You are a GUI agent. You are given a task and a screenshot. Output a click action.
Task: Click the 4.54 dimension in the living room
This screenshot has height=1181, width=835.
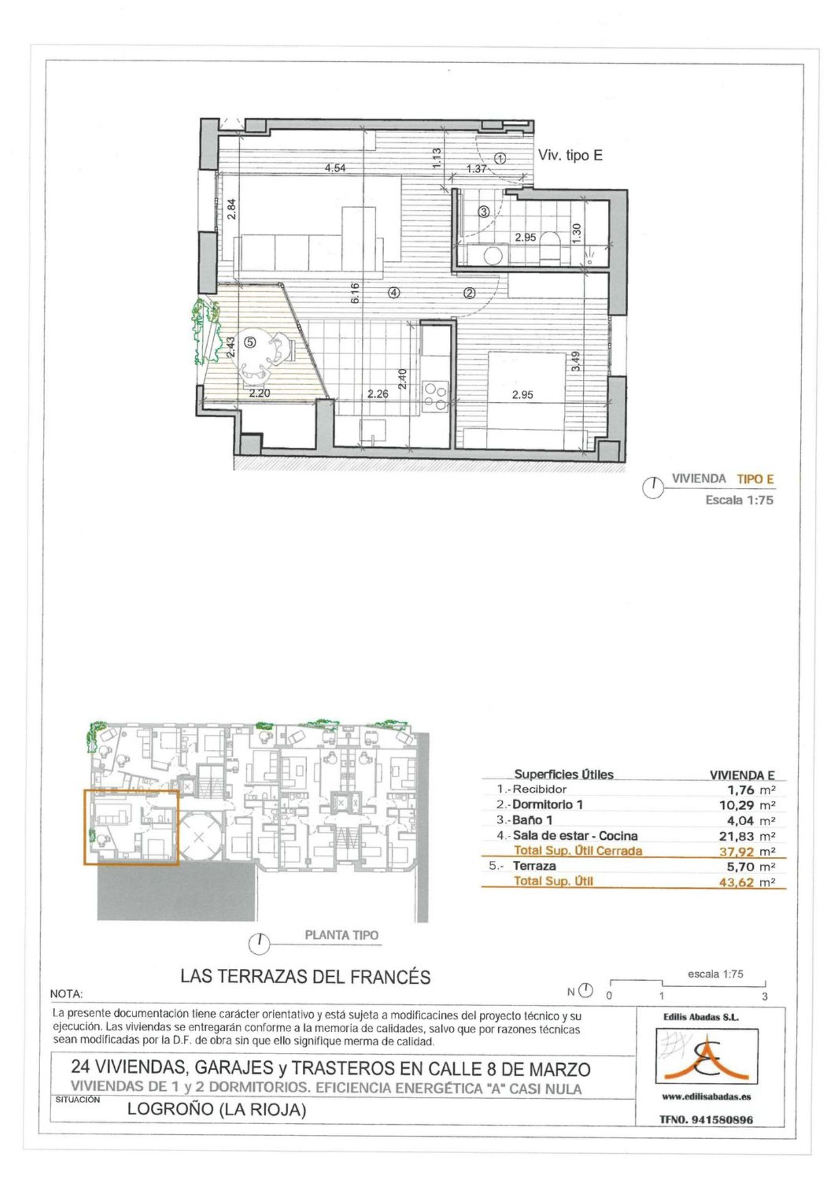tap(335, 168)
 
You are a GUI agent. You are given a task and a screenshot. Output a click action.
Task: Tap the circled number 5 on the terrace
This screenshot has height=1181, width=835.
tap(250, 342)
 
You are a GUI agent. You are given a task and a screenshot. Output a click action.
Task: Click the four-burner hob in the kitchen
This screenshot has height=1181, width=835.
tap(435, 395)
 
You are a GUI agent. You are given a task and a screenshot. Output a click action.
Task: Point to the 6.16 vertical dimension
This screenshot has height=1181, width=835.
tap(355, 293)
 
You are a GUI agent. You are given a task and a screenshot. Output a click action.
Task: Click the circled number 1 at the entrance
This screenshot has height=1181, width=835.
tap(500, 159)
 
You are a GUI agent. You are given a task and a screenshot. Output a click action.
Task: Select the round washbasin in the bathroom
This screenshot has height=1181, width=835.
tap(493, 256)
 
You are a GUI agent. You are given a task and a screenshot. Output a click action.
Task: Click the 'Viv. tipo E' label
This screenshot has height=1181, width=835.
tap(570, 155)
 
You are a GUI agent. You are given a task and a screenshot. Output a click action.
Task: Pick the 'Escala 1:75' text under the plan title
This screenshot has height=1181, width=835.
tap(739, 500)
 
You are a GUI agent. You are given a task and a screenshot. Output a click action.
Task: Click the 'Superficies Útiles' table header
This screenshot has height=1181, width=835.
tap(563, 774)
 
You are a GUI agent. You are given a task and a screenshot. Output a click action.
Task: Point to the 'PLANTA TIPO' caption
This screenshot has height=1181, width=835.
tap(342, 935)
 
